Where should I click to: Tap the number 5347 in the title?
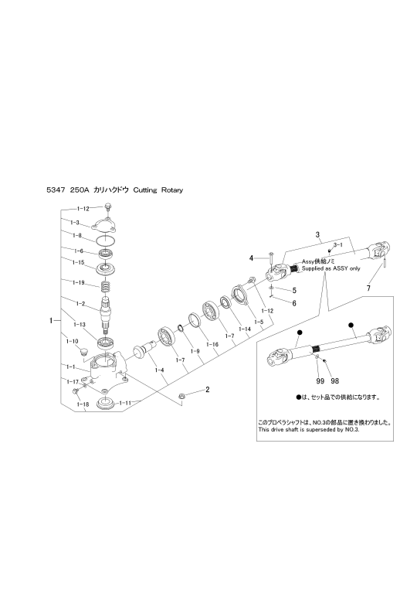pyautogui.click(x=54, y=190)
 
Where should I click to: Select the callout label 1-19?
pyautogui.click(x=78, y=282)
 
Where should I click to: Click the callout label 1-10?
pyautogui.click(x=73, y=342)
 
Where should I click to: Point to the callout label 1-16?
pyautogui.click(x=212, y=344)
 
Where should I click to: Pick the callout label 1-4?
pyautogui.click(x=159, y=370)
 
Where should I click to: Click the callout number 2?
pyautogui.click(x=207, y=389)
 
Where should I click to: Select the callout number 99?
pyautogui.click(x=320, y=381)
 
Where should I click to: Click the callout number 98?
pyautogui.click(x=335, y=381)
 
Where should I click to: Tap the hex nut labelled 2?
pyautogui.click(x=181, y=396)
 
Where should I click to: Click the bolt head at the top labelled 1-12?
pyautogui.click(x=108, y=205)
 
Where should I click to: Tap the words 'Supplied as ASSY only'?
pyautogui.click(x=331, y=268)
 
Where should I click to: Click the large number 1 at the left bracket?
pyautogui.click(x=51, y=321)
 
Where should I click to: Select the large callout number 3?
pyautogui.click(x=317, y=234)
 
